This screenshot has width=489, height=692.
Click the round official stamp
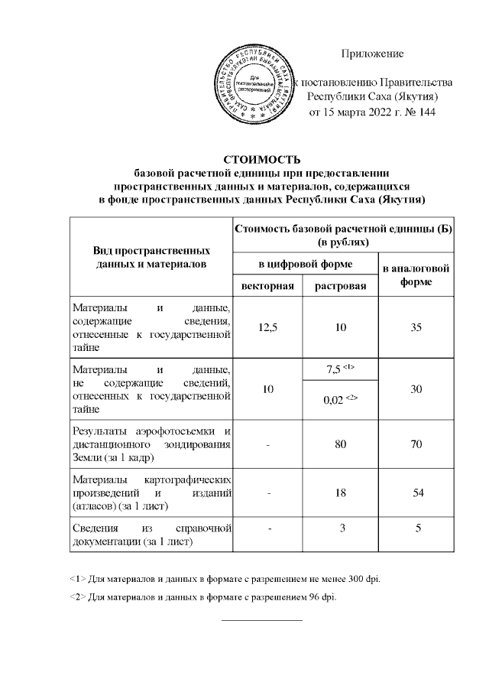tap(260, 85)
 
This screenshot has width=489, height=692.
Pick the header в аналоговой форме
tap(416, 275)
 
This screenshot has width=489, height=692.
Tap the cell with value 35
tap(416, 327)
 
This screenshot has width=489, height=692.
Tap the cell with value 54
tap(416, 493)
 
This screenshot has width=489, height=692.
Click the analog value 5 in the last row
tap(416, 528)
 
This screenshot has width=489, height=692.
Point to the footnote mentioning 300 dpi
tap(229, 578)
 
